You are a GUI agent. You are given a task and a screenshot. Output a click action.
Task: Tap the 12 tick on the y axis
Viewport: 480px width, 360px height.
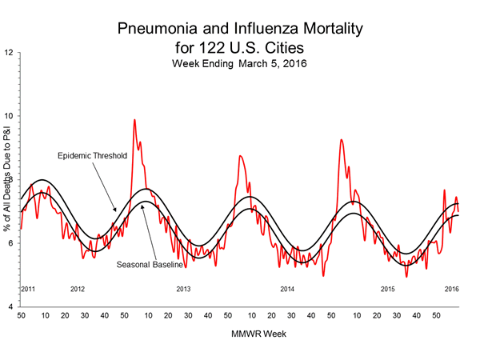click(9, 53)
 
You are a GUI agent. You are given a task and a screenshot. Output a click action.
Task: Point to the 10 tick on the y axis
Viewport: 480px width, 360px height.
click(9, 116)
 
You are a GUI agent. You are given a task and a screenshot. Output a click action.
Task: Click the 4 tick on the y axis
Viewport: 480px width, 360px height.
click(9, 306)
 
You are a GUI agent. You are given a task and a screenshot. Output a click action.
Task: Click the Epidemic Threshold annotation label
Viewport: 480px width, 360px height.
click(93, 155)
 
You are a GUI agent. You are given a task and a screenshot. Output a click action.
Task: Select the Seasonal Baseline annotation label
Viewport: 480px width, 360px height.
click(151, 265)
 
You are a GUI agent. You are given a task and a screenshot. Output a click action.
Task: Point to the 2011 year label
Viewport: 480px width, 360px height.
click(28, 288)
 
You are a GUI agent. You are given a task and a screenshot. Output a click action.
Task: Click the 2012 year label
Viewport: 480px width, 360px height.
click(78, 288)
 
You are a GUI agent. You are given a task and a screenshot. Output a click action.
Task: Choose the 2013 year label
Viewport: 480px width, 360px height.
click(183, 288)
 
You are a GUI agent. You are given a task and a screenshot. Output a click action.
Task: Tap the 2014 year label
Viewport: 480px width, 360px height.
click(288, 288)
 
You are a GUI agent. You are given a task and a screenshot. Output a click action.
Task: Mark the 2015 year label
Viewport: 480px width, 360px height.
click(389, 288)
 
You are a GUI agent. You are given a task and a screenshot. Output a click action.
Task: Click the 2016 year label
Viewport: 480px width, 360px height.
click(452, 288)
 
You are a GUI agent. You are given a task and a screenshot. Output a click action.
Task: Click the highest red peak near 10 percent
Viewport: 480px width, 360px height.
click(134, 120)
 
